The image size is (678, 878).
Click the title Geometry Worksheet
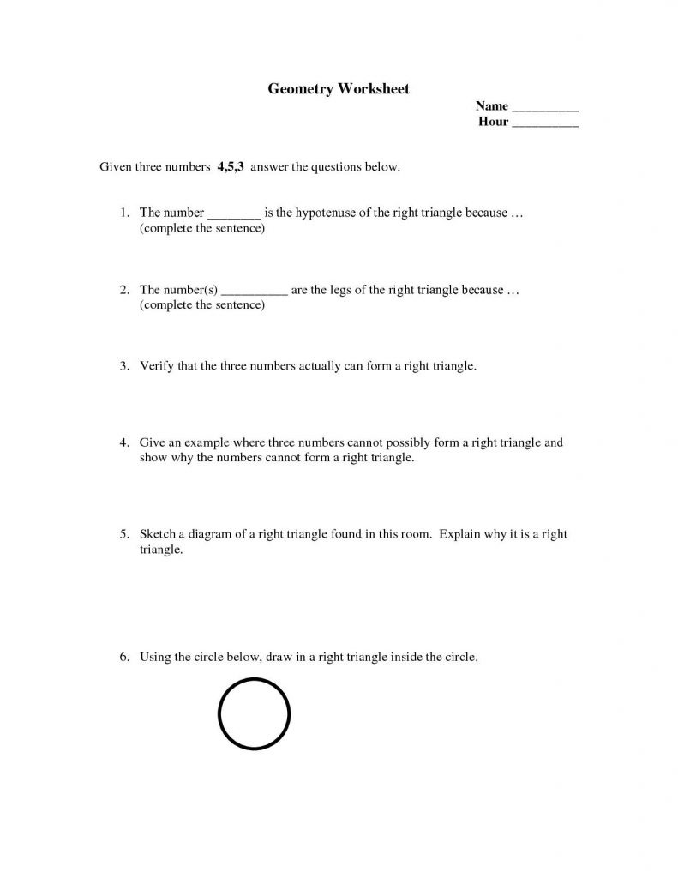click(339, 88)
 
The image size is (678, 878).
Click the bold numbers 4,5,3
click(231, 166)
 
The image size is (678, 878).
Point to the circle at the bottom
click(255, 713)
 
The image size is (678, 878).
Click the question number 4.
click(123, 443)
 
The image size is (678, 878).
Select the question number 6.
click(123, 658)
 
